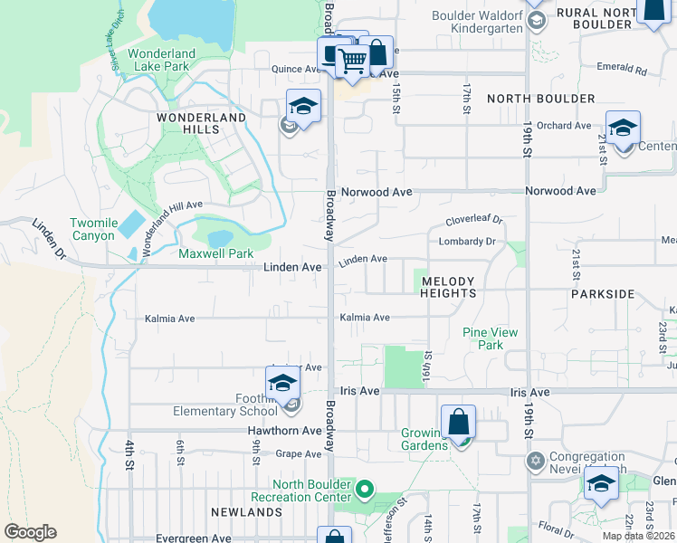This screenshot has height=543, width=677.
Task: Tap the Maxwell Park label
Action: point(216,254)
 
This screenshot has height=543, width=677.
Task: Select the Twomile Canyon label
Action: point(93,229)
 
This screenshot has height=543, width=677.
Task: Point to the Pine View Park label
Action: point(490,338)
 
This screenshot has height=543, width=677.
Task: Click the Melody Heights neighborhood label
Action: point(448,287)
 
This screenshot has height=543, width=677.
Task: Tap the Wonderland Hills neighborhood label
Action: point(201,124)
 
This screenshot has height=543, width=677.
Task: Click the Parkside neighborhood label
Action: point(604,294)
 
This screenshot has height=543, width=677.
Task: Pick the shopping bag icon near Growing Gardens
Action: point(459,422)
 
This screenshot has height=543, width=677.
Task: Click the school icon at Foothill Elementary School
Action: point(282,384)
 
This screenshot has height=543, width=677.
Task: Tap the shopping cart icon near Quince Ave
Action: point(352,62)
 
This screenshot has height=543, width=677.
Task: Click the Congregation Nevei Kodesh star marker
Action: point(535,462)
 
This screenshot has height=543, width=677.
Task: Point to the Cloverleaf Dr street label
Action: point(473,221)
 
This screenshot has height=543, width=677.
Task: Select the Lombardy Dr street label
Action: point(467,242)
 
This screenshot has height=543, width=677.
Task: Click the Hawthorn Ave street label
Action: point(285,431)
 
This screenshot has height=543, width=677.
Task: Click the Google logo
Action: point(30,532)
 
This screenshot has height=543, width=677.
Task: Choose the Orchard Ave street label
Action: point(563,126)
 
